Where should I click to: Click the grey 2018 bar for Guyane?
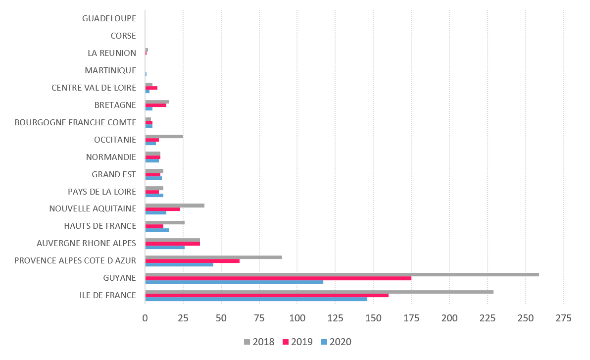click(x=342, y=274)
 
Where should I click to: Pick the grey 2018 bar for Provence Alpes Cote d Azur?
click(x=213, y=257)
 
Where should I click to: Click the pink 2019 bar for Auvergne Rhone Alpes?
click(x=172, y=244)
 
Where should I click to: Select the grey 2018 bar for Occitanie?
click(x=164, y=136)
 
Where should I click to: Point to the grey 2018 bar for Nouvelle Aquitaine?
click(x=174, y=205)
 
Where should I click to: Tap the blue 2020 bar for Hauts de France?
click(x=157, y=230)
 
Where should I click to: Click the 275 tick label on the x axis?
click(x=563, y=318)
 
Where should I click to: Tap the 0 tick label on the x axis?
click(x=145, y=318)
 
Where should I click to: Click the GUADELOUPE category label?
click(x=109, y=18)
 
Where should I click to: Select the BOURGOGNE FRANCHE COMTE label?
click(x=75, y=122)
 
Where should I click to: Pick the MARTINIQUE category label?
click(x=110, y=70)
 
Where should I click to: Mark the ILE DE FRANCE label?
click(x=107, y=296)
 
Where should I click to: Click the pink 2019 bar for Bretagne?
click(x=155, y=105)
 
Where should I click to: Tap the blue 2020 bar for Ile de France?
click(x=256, y=299)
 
